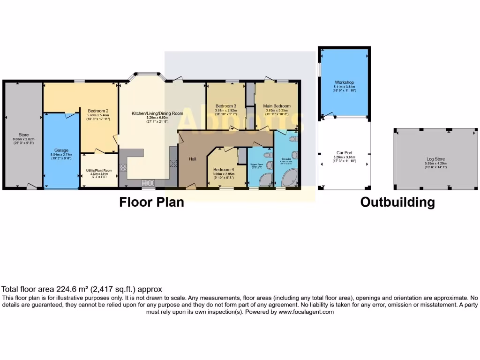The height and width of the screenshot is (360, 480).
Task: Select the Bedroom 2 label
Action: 98,111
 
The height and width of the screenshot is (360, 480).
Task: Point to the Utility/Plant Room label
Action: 98,170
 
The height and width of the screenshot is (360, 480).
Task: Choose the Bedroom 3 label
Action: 225,106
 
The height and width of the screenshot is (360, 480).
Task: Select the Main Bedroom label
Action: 277,106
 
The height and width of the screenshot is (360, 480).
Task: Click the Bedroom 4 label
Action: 223,170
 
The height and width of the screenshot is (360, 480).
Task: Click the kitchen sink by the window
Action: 149,182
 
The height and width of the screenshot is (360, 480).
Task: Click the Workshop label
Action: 344,82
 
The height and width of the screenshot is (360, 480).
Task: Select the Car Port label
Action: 344,153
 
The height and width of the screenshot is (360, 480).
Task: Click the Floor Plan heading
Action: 151,202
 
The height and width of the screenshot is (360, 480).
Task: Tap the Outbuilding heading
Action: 397,202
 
